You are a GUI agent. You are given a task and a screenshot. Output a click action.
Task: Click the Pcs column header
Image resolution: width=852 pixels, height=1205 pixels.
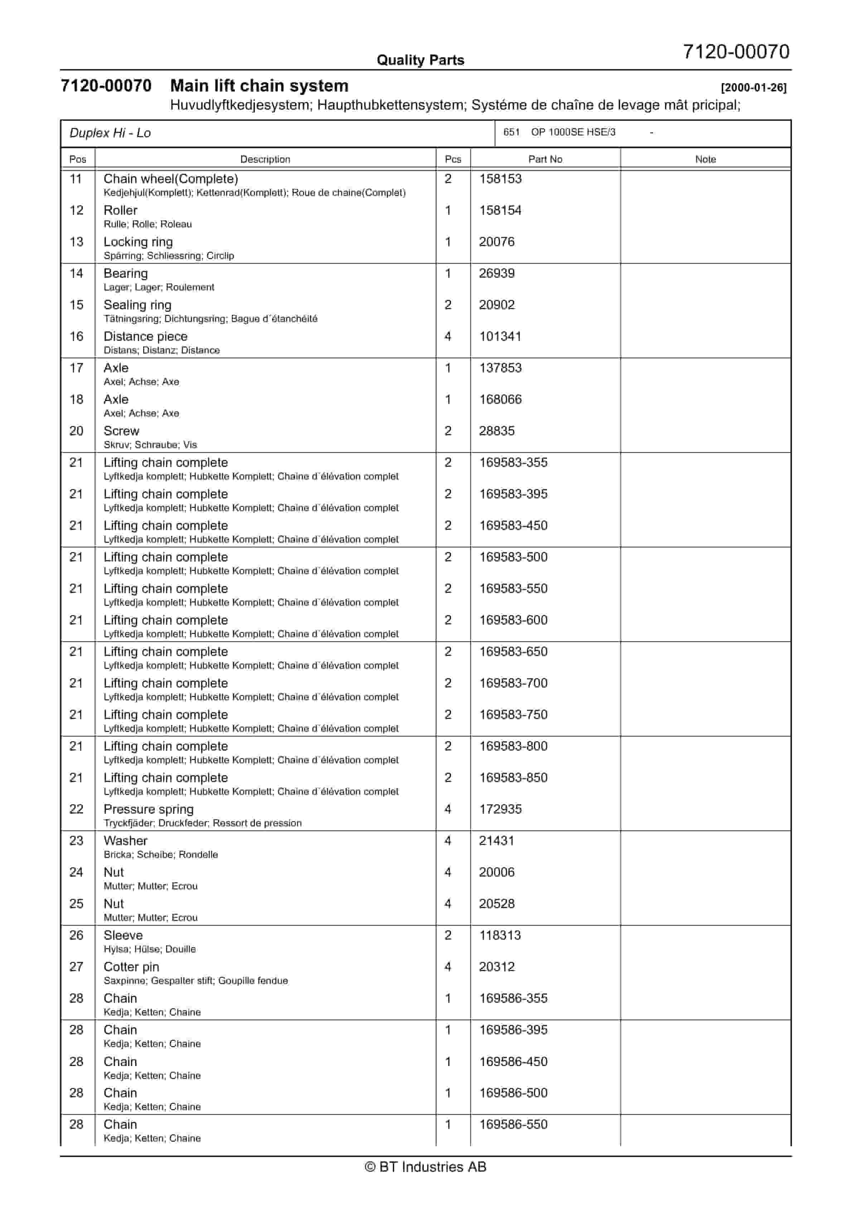coord(453,159)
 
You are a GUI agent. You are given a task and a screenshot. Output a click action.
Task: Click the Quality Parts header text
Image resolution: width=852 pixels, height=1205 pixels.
coord(420,60)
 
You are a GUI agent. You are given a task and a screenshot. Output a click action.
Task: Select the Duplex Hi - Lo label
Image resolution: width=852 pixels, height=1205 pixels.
coord(110,133)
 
